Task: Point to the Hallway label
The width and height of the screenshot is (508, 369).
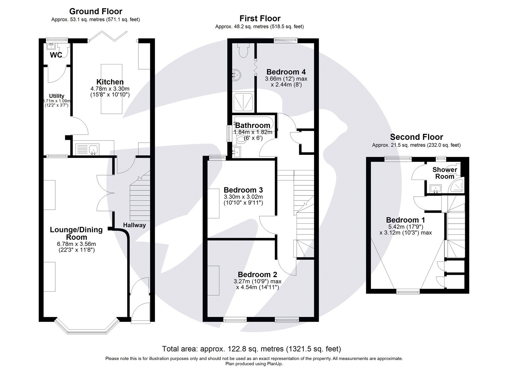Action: pyautogui.click(x=134, y=225)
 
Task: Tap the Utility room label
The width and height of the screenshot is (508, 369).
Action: pyautogui.click(x=57, y=96)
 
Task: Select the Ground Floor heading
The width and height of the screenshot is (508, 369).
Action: pyautogui.click(x=96, y=11)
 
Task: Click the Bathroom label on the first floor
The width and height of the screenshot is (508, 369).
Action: pyautogui.click(x=252, y=126)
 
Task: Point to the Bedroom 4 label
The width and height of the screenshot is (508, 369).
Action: pyautogui.click(x=286, y=72)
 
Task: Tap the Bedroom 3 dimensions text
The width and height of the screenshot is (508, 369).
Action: pyautogui.click(x=243, y=200)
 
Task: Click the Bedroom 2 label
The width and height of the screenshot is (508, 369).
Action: pyautogui.click(x=257, y=274)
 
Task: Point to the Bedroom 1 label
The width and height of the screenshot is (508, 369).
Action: pyautogui.click(x=405, y=220)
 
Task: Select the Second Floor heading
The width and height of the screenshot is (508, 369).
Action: pyautogui.click(x=416, y=137)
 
